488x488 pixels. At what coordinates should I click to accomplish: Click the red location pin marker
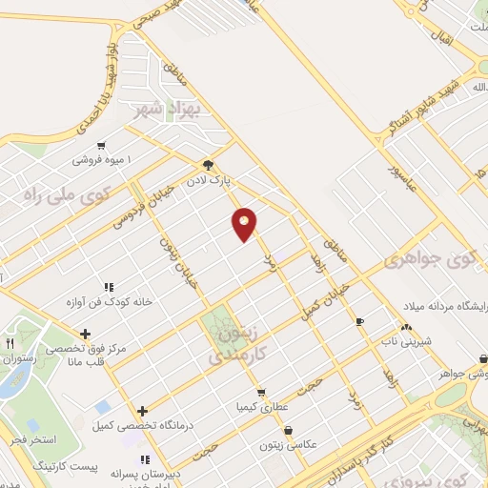[245, 224]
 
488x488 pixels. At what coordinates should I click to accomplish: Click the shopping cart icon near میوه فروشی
[100, 145]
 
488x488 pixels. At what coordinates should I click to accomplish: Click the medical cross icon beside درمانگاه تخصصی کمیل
[142, 412]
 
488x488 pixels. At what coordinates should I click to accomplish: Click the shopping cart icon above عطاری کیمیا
[260, 392]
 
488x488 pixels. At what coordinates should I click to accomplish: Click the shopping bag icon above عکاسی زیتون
[288, 431]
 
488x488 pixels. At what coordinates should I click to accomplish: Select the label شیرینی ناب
[401, 339]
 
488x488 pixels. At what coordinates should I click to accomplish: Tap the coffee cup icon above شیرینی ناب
[359, 322]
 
